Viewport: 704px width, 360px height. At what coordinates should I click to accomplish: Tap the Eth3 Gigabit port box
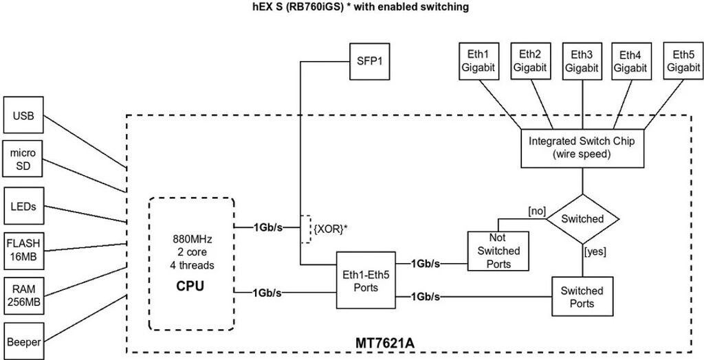(x=582, y=61)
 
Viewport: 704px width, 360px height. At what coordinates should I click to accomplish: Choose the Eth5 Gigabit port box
(x=683, y=61)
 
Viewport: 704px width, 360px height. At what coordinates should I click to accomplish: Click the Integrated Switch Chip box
(x=582, y=147)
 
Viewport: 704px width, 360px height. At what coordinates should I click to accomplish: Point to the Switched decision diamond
(x=582, y=218)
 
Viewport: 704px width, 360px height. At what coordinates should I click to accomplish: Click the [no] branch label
(x=536, y=209)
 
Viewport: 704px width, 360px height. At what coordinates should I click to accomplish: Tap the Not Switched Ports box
(x=498, y=251)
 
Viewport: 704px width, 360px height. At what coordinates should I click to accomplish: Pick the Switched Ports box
(x=582, y=296)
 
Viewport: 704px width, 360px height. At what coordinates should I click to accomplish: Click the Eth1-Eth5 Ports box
(x=366, y=280)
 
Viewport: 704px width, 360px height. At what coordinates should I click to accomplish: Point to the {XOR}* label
(x=331, y=228)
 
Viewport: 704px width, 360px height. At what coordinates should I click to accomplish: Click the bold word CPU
(x=190, y=285)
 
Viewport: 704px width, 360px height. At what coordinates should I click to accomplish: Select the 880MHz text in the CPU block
(x=191, y=240)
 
